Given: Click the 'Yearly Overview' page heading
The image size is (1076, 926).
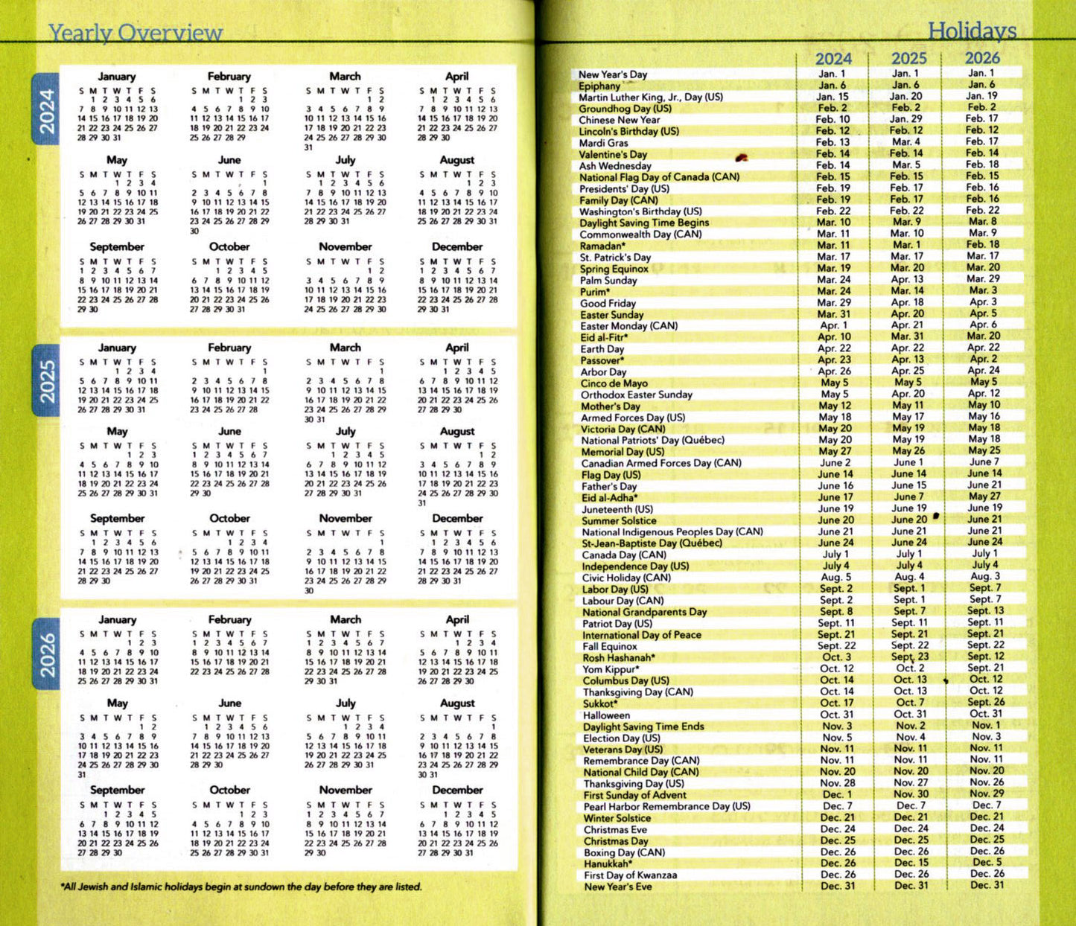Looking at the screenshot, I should [135, 33].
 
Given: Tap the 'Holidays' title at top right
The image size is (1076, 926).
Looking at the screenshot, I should [972, 31].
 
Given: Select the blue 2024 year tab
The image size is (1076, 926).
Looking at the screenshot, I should [47, 111].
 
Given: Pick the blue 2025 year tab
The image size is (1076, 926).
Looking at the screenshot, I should [47, 381].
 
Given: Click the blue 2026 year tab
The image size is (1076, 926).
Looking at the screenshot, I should [47, 654].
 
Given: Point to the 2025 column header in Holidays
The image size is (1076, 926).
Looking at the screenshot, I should [909, 58].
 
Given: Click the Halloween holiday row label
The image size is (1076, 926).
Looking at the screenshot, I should [606, 715].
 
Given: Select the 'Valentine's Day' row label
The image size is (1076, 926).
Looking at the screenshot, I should [613, 154].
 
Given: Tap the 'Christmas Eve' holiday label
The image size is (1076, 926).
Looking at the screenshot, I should [615, 829].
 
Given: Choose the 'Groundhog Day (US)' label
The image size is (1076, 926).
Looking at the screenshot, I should [625, 109].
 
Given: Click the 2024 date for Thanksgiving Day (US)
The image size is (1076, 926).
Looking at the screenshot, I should [837, 783].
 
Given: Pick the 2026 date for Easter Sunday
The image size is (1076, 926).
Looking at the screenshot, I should [983, 313].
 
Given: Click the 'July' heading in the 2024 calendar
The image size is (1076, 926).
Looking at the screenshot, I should [345, 160].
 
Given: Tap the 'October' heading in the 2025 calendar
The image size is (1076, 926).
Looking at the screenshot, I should [229, 518].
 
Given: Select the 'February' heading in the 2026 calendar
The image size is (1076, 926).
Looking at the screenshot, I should [229, 619].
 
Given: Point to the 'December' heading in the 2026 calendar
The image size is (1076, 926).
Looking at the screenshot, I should [457, 790].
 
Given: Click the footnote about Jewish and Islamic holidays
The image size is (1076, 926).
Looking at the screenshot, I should [241, 887].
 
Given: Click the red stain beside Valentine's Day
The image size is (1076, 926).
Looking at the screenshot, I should [741, 157].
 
